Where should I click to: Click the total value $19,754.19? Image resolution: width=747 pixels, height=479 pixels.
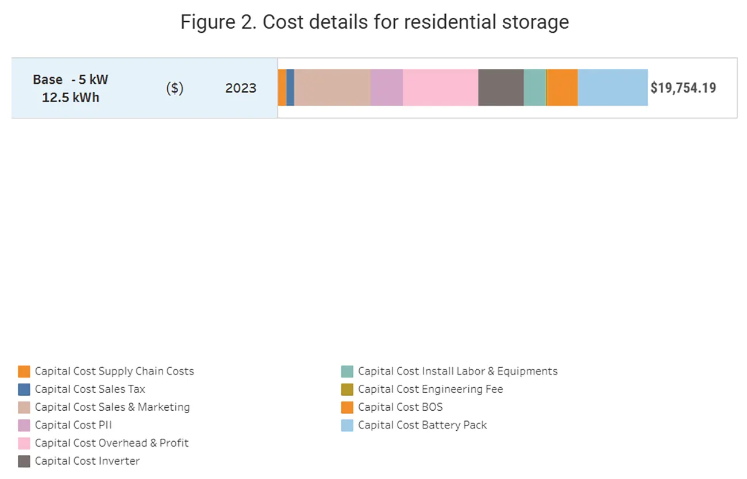(x=683, y=88)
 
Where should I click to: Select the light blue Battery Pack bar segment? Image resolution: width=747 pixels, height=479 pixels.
(x=613, y=88)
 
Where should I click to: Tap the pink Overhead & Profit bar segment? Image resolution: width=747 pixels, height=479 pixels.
(x=440, y=88)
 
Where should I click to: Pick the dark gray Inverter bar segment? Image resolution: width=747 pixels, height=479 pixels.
(x=500, y=88)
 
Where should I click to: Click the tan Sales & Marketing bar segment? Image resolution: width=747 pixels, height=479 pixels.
(x=332, y=88)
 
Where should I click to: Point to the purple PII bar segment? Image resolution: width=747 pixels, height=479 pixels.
(x=386, y=88)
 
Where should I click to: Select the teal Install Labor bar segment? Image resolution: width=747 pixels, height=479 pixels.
(x=534, y=88)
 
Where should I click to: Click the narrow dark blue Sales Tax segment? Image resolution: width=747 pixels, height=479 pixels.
(x=290, y=88)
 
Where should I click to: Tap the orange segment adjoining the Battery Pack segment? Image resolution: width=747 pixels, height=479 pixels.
(x=563, y=88)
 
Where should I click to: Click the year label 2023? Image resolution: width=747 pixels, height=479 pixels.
(x=241, y=88)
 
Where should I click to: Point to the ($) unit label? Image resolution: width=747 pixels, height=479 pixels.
(x=175, y=88)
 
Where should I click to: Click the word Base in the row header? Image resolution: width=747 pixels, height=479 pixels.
(x=48, y=79)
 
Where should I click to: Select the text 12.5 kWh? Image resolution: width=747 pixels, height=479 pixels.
(x=70, y=98)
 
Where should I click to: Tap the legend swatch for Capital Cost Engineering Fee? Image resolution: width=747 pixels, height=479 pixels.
(x=347, y=389)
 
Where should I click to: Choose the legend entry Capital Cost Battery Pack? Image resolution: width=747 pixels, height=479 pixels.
(x=422, y=425)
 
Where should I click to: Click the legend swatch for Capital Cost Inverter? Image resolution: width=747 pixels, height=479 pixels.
(x=24, y=461)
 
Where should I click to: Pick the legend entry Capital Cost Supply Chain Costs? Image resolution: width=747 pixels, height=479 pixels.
(x=114, y=371)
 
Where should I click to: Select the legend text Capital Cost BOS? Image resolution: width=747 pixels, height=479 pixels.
(x=400, y=407)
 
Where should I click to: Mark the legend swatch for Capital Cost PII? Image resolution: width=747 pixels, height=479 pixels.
(x=24, y=426)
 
